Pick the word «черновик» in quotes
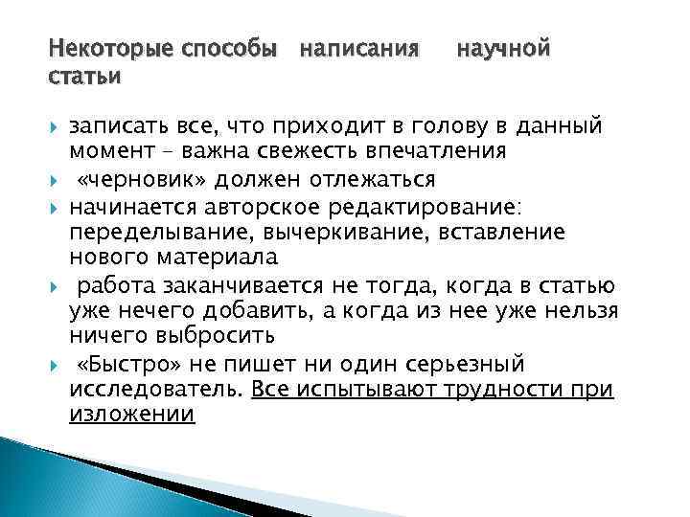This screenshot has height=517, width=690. point(147,180)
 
